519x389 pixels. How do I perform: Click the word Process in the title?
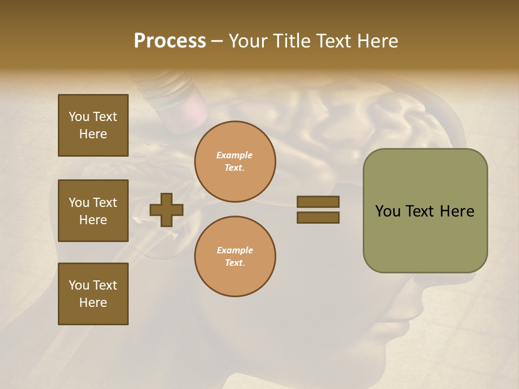click(x=170, y=41)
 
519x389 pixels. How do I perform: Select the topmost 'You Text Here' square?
click(x=93, y=125)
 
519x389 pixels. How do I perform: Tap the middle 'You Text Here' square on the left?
click(x=93, y=211)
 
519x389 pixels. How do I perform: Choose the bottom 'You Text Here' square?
click(x=93, y=294)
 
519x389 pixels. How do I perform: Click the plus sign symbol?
click(x=167, y=210)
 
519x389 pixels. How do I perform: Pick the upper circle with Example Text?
click(x=235, y=162)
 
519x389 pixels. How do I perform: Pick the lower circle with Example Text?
click(x=235, y=257)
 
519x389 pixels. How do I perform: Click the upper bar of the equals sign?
click(x=318, y=202)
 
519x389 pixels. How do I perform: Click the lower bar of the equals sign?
click(x=318, y=217)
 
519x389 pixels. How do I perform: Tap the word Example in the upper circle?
click(x=235, y=155)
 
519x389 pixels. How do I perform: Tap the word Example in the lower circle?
click(x=235, y=250)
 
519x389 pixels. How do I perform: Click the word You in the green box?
click(x=388, y=211)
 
